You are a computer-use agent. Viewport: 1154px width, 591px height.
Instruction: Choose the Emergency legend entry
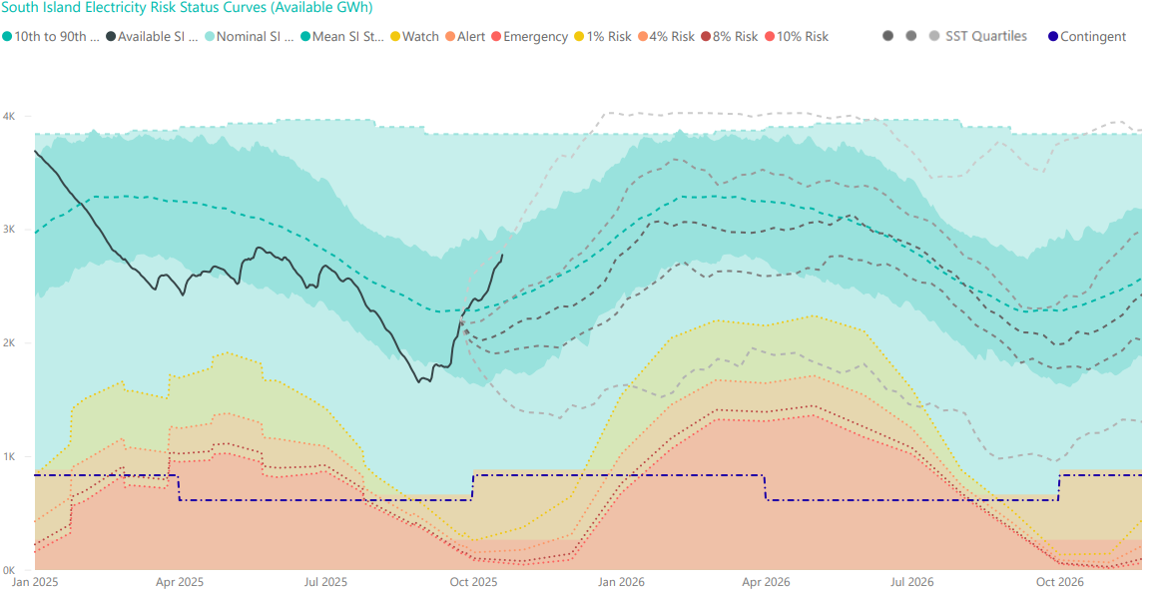[x=529, y=37]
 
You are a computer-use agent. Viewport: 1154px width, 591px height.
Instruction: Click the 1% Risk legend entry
[x=602, y=37]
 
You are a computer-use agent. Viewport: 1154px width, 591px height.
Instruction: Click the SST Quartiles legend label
[x=985, y=37]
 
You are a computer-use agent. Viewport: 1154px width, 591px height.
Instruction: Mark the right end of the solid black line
[x=502, y=255]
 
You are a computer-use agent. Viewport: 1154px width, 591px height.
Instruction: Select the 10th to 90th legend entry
[x=54, y=37]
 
